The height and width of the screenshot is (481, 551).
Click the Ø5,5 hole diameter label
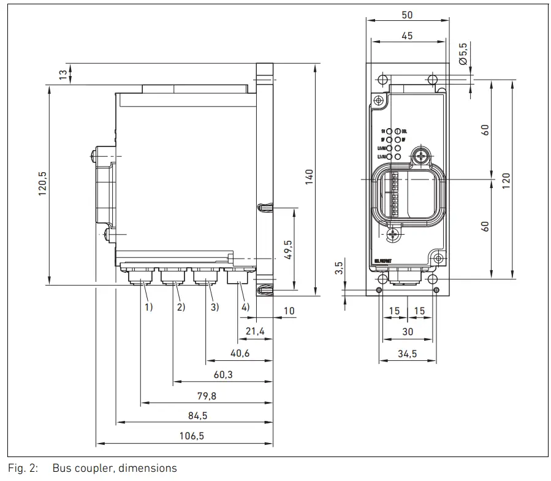click(463, 53)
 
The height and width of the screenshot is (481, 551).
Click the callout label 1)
click(148, 307)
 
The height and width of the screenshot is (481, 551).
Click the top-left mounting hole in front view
click(382, 80)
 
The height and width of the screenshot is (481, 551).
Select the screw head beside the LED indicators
click(421, 156)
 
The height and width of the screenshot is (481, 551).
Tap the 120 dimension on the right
click(506, 181)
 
